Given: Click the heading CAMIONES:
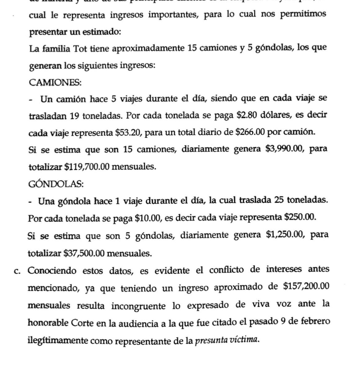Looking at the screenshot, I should (x=55, y=83).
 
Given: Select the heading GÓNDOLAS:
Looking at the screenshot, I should (x=56, y=184).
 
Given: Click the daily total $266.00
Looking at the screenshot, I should (x=250, y=133).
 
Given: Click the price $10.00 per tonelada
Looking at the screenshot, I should (x=147, y=218).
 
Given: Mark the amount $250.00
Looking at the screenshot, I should (x=300, y=217).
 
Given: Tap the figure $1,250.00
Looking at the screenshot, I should (x=285, y=235).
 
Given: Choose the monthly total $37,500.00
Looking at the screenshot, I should (x=84, y=254).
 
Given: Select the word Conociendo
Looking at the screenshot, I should (x=52, y=271).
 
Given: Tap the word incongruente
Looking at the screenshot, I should (x=139, y=306).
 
